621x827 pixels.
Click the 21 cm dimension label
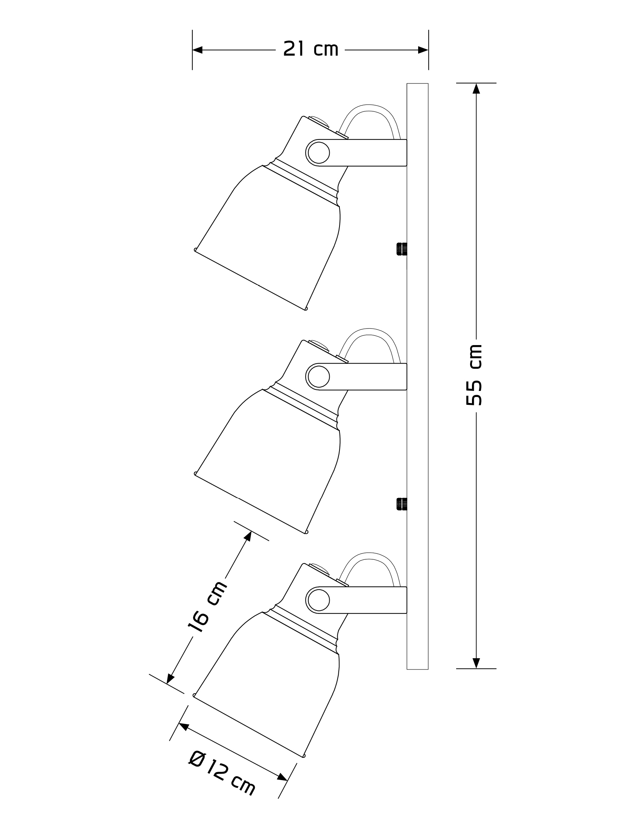[310, 49]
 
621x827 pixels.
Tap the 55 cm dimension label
[474, 375]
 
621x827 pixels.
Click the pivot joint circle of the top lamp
[318, 153]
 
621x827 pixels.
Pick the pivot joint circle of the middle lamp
[318, 377]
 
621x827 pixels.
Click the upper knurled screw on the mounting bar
[402, 249]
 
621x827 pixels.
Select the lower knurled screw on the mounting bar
[402, 504]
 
